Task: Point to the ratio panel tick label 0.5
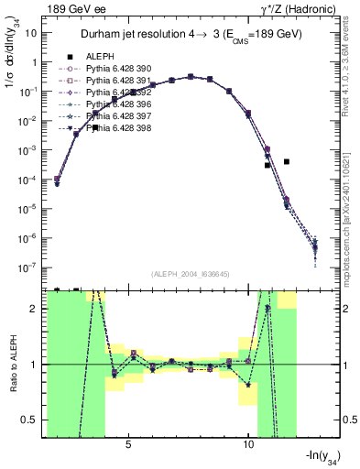pyautogui.click(x=31, y=420)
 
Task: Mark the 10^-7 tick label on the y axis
pyautogui.click(x=29, y=267)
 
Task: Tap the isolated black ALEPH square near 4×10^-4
pyautogui.click(x=287, y=161)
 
